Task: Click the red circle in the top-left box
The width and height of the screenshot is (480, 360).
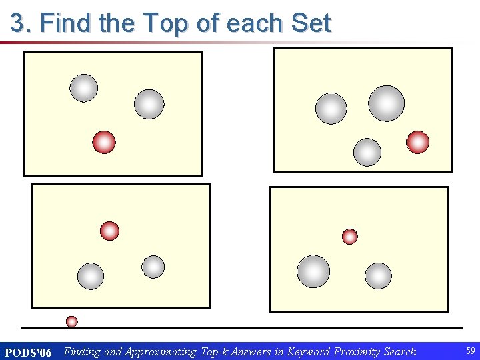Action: (104, 142)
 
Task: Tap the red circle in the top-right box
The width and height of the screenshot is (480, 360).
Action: (418, 142)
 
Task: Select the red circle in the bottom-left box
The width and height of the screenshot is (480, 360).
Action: (109, 231)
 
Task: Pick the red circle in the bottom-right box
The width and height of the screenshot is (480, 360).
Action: (350, 236)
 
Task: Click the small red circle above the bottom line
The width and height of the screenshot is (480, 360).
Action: (72, 321)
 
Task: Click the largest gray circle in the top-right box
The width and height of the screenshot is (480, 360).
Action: (387, 103)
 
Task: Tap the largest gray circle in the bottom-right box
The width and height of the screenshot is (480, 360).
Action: (313, 271)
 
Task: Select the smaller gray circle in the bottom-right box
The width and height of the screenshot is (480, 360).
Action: (378, 276)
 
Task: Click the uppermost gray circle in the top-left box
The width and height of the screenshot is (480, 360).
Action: (84, 88)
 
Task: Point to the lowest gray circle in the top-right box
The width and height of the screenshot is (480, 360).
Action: (367, 152)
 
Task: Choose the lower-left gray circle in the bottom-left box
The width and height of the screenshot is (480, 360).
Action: (91, 276)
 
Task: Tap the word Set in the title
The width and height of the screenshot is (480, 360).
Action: (311, 24)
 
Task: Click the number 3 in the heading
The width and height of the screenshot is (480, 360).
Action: (18, 24)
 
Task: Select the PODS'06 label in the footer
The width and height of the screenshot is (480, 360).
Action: (28, 352)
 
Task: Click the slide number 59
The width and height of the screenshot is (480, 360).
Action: (471, 351)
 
